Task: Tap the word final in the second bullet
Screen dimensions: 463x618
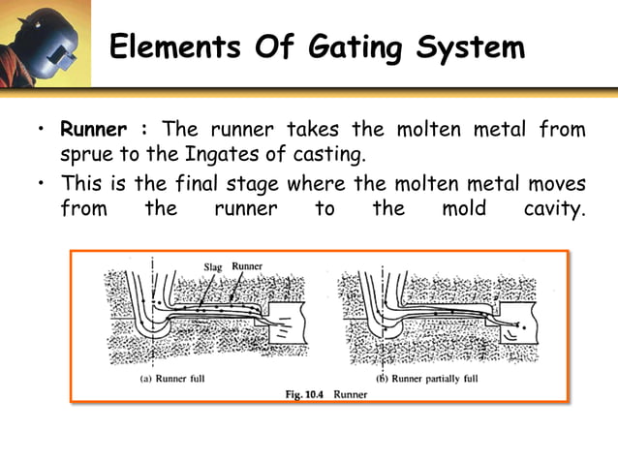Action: (229, 182)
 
